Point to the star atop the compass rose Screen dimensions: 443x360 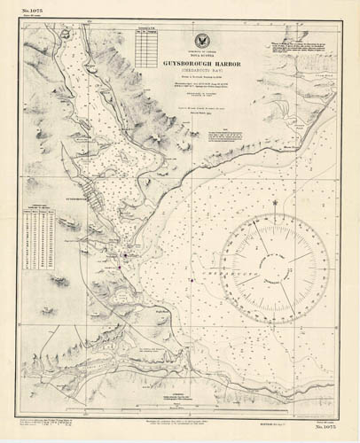pos(276,202)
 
